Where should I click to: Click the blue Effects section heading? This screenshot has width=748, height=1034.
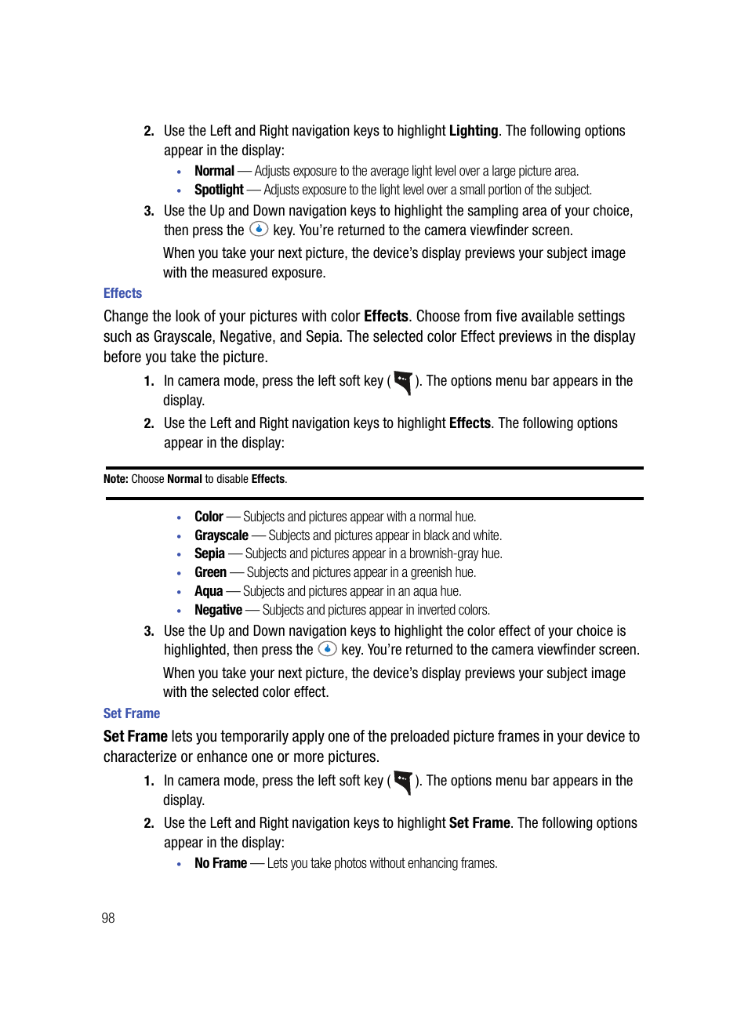(122, 293)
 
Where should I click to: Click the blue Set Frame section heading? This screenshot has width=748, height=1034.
(132, 713)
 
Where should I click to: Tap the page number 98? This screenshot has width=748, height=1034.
(108, 918)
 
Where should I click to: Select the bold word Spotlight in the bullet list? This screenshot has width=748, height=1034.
(219, 190)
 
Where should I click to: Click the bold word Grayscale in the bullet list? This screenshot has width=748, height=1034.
(221, 535)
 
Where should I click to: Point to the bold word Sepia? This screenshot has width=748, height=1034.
(209, 553)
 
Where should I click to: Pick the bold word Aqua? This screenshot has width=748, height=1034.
(209, 591)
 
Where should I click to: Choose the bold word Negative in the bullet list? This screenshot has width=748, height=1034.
(218, 610)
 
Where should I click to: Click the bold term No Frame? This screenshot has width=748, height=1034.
(220, 863)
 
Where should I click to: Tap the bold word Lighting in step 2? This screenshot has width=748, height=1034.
(474, 131)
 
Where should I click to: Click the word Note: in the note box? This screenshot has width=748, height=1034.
(116, 479)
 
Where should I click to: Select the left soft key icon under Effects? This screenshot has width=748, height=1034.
(403, 382)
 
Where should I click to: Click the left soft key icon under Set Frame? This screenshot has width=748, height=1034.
(403, 782)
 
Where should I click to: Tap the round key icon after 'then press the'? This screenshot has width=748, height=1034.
(259, 229)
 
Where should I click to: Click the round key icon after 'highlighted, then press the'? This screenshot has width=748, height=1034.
(327, 648)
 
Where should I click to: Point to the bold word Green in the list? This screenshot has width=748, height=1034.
(210, 572)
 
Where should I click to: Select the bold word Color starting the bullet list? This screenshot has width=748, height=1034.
(209, 517)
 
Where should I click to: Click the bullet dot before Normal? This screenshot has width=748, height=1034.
(180, 172)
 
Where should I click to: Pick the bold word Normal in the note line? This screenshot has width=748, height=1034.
(184, 479)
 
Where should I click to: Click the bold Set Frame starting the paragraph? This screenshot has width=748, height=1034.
(136, 737)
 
